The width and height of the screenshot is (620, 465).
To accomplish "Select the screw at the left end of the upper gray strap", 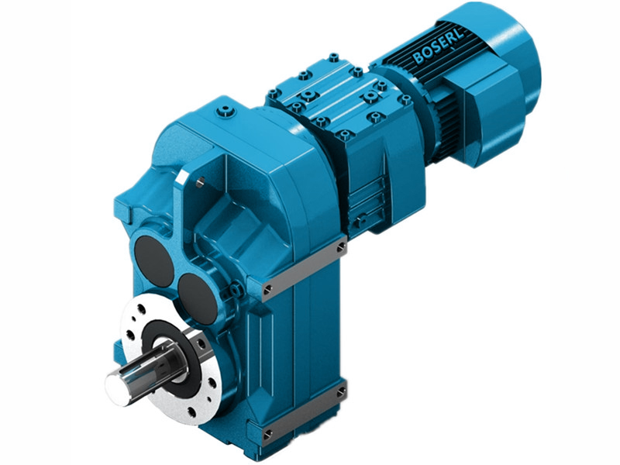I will (269, 289).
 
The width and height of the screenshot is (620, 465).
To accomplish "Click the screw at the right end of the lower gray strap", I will (342, 393).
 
